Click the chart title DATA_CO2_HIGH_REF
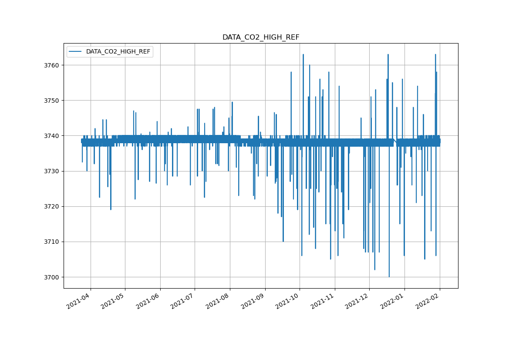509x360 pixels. tap(261, 37)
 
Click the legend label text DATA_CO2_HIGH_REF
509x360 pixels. tap(118, 52)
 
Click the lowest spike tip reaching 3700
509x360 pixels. tap(389, 276)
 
